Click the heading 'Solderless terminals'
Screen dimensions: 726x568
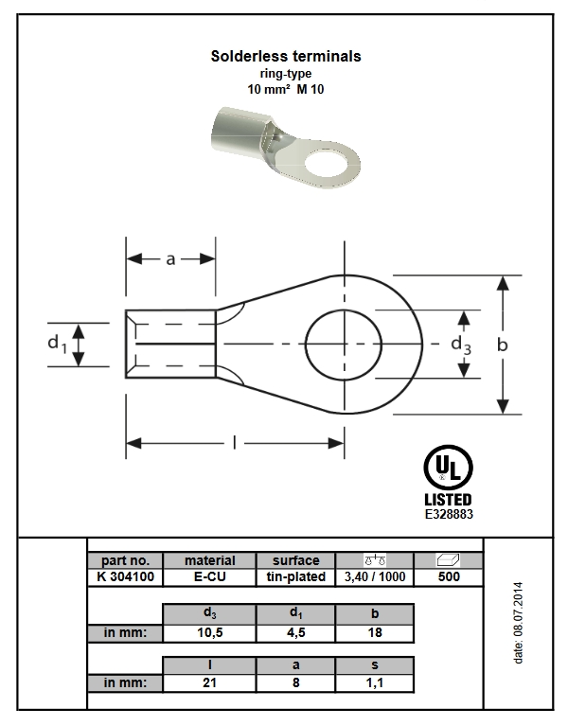point(285,57)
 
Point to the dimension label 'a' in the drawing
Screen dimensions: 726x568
point(171,259)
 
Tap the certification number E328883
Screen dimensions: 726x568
point(448,514)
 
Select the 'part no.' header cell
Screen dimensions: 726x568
point(124,560)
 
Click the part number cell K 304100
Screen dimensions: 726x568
point(124,575)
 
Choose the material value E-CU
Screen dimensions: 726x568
point(209,575)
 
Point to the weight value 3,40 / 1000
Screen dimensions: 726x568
point(375,575)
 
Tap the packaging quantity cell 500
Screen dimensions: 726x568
point(450,575)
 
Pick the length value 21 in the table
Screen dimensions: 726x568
point(209,682)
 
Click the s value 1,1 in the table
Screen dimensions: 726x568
point(375,682)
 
